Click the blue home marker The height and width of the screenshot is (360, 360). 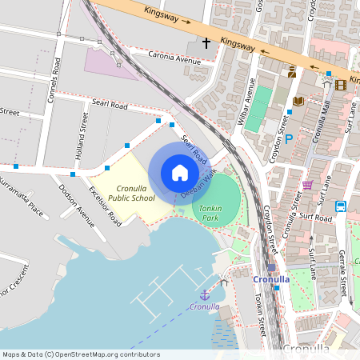click(x=179, y=172)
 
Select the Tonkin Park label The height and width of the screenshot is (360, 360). click(x=209, y=212)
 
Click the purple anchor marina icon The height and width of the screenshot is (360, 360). click(x=204, y=294)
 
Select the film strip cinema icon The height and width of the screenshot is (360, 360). click(x=342, y=85)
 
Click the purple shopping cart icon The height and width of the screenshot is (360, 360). click(x=307, y=186)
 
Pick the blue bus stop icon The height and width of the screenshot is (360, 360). click(x=340, y=206)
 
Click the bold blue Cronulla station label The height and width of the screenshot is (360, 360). click(x=270, y=279)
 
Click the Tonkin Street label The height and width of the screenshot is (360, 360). click(x=259, y=313)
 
